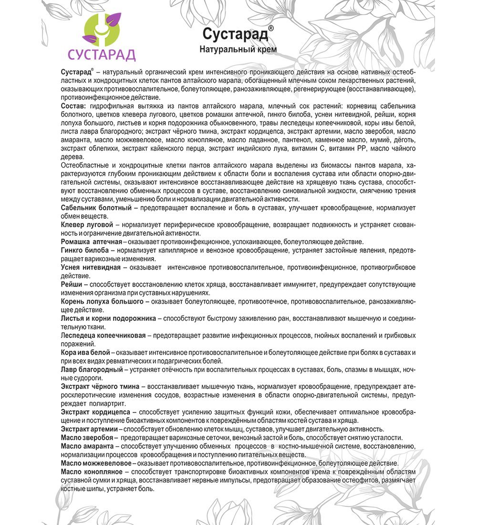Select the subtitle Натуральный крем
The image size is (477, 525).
238,49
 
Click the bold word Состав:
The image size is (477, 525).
73,105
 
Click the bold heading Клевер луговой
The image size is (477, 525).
87,224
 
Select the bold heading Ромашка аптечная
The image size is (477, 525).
89,241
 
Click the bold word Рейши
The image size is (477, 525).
72,283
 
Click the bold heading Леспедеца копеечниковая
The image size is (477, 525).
104,335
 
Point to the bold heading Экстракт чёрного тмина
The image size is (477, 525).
101,386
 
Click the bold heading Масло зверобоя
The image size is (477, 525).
87,437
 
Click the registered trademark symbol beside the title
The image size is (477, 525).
271,29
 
